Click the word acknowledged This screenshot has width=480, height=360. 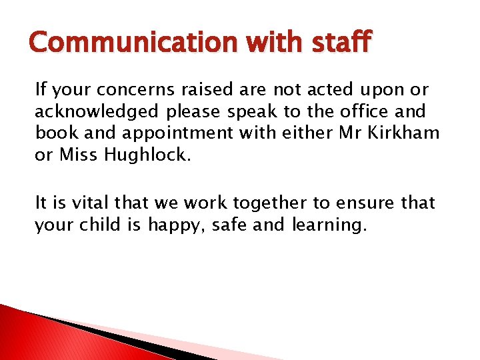[x=97, y=111]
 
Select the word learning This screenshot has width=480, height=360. [x=329, y=225]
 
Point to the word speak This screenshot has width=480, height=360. [x=255, y=111]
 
